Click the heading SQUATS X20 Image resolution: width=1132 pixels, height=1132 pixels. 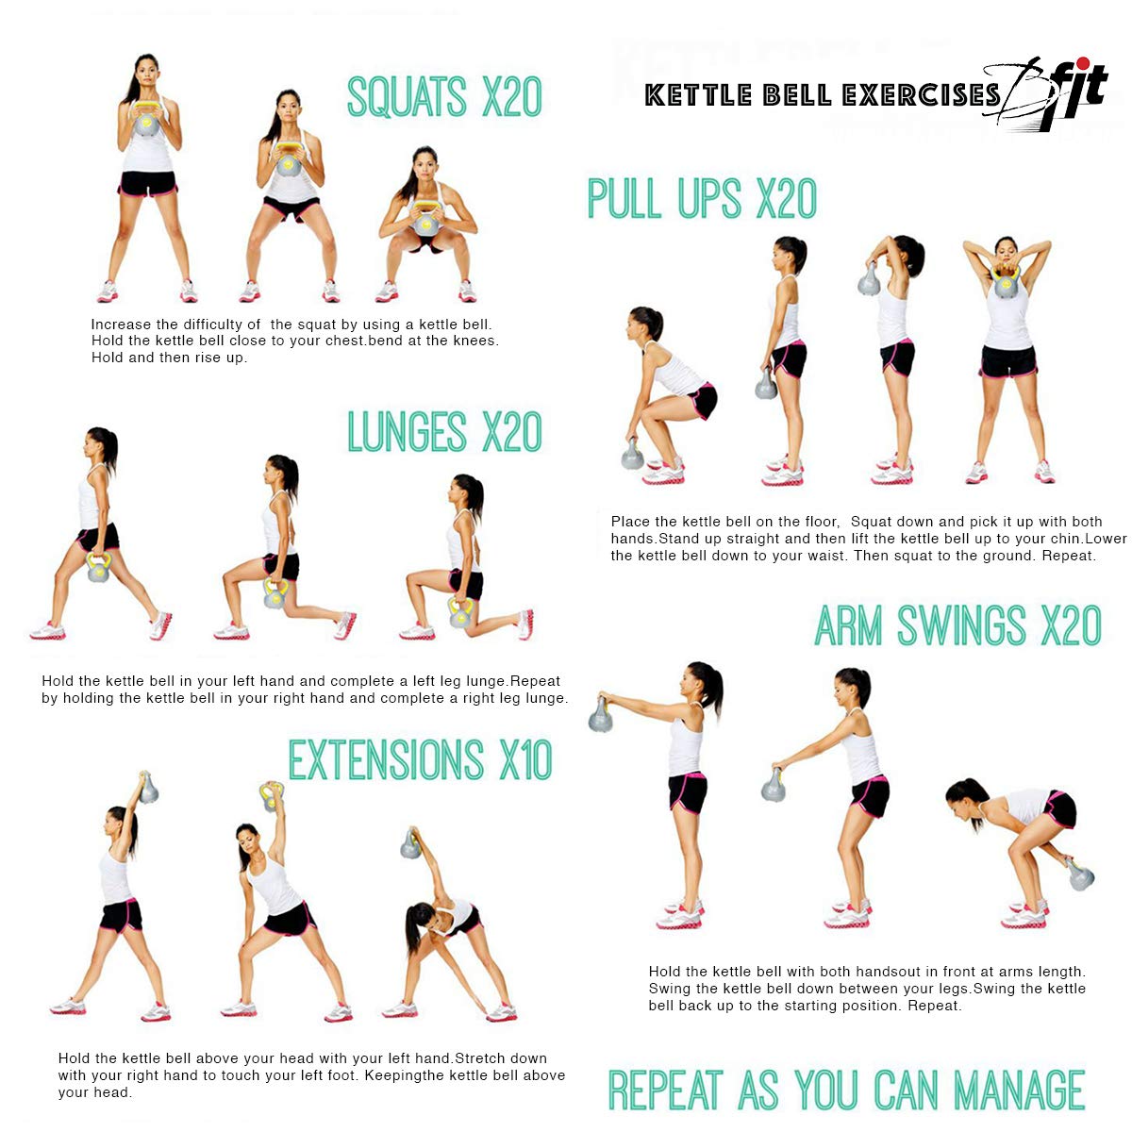pyautogui.click(x=444, y=97)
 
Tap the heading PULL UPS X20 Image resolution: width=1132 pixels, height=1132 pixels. pyautogui.click(x=702, y=199)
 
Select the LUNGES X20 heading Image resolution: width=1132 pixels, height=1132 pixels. pyautogui.click(x=444, y=432)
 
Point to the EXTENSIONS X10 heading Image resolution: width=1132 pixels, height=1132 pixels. pyautogui.click(x=420, y=760)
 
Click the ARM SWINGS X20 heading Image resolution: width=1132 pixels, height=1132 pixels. pyautogui.click(x=957, y=626)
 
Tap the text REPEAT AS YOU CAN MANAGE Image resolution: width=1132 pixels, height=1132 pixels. pyautogui.click(x=846, y=1090)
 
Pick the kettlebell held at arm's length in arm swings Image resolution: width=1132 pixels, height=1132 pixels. pyautogui.click(x=600, y=714)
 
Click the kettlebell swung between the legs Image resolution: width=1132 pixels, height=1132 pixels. pyautogui.click(x=1081, y=875)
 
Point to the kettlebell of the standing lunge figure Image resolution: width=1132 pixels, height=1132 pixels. pyautogui.click(x=98, y=568)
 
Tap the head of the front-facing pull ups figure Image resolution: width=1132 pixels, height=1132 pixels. pyautogui.click(x=1006, y=250)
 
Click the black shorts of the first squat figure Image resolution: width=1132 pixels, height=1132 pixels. pyautogui.click(x=147, y=183)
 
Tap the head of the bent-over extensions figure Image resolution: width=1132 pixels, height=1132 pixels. pyautogui.click(x=420, y=916)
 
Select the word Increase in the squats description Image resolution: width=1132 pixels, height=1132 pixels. pyautogui.click(x=121, y=325)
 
